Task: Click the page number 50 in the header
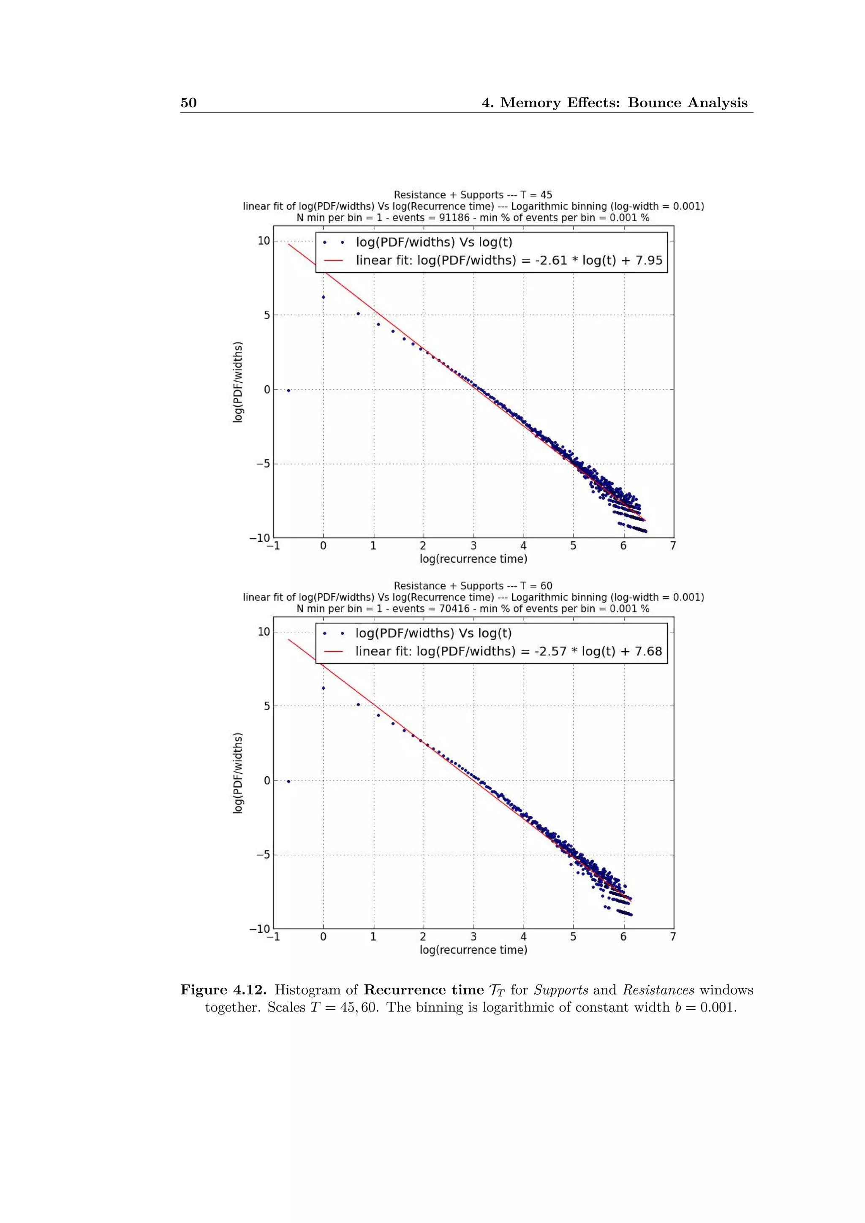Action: coord(188,103)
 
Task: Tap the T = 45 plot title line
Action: coord(473,195)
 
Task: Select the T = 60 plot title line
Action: coord(473,586)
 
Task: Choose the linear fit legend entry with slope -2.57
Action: coord(509,652)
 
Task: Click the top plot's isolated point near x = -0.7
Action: coord(289,391)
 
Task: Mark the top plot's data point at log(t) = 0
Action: coord(323,297)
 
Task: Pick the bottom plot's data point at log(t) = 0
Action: coord(323,688)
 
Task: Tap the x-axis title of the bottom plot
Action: coord(473,950)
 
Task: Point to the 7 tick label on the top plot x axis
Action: coord(673,546)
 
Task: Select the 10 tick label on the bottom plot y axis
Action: coord(264,632)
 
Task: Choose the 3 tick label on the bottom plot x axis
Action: coord(473,937)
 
